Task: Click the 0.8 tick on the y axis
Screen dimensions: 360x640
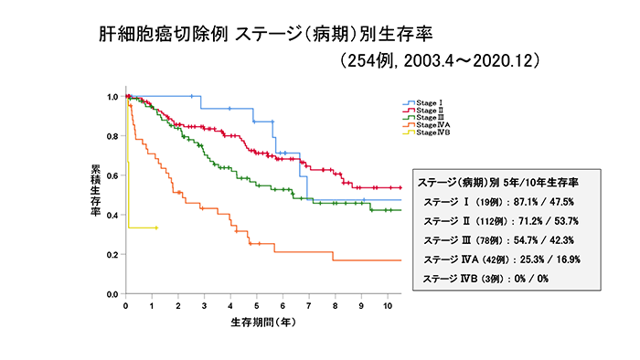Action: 112,136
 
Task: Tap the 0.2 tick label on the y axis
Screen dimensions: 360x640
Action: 112,255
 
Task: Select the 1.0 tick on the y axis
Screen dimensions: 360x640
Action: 112,97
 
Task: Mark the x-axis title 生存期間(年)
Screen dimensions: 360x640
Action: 261,322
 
